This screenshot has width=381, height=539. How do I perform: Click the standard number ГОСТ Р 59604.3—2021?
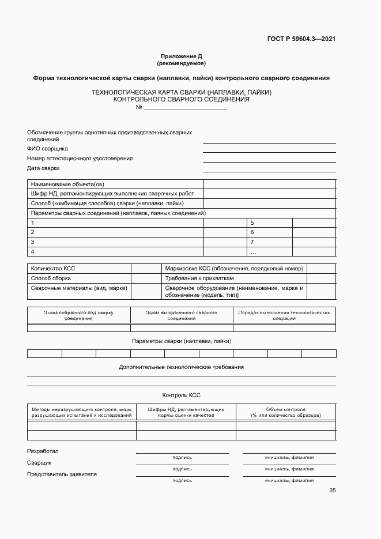coord(301,39)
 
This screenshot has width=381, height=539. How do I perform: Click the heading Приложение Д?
coord(181,56)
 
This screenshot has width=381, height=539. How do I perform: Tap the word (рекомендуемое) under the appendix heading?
coord(181,63)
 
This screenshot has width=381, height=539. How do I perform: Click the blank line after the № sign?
coord(185,107)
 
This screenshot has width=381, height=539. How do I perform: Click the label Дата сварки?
coord(43,168)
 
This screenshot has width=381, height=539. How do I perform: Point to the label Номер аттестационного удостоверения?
coord(80,158)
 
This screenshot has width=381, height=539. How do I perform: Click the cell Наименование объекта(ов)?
coord(67,184)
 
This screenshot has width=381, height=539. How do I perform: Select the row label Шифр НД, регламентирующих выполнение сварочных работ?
coord(112,194)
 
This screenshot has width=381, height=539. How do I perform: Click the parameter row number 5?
coord(252,223)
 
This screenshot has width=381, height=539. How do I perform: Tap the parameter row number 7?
coord(252,242)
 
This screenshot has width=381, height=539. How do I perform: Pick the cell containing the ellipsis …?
coord(253,252)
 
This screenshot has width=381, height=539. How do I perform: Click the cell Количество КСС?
coord(53,269)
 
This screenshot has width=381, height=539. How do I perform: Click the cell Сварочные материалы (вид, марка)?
coord(79,288)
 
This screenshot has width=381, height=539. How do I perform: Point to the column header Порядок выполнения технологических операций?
coord(284,315)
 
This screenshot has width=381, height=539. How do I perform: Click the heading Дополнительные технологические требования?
coord(181,367)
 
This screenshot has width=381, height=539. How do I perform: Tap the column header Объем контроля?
coord(286,412)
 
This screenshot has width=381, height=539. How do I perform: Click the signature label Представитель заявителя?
coord(62,474)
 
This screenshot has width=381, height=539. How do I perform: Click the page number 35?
coord(332,491)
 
